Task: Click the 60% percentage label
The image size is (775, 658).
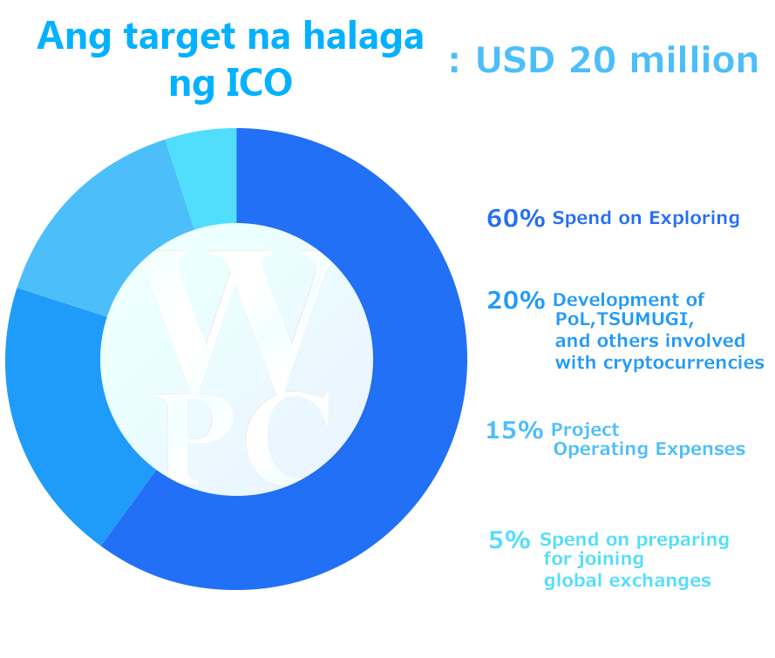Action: pyautogui.click(x=515, y=219)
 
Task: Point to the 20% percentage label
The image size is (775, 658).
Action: pyautogui.click(x=515, y=301)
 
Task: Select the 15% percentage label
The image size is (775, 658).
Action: pyautogui.click(x=514, y=431)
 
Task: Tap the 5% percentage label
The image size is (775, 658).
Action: pyautogui.click(x=509, y=540)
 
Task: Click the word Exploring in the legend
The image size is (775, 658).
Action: pyautogui.click(x=694, y=219)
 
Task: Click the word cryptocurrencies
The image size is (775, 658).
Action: pyautogui.click(x=684, y=363)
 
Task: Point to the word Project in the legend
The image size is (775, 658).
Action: pyautogui.click(x=585, y=431)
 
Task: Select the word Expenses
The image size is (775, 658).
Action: pyautogui.click(x=700, y=449)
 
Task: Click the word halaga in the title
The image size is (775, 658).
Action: pyautogui.click(x=364, y=37)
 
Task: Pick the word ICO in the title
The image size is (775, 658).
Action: pyautogui.click(x=259, y=83)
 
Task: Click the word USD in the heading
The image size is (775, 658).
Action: pyautogui.click(x=515, y=60)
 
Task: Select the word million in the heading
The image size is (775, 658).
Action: pyautogui.click(x=694, y=60)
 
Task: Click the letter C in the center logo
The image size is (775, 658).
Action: pyautogui.click(x=288, y=438)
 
